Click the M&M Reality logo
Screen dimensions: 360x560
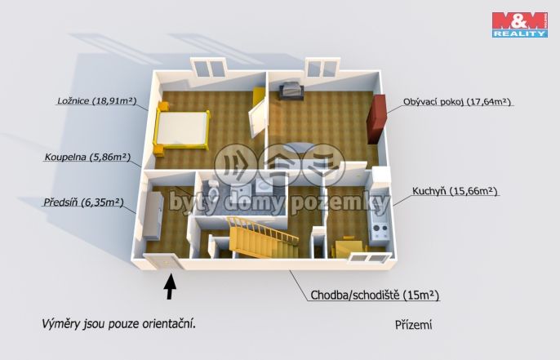519,24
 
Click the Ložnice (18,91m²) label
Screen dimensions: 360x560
96,102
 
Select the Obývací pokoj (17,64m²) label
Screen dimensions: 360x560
456,102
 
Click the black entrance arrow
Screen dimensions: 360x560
170,286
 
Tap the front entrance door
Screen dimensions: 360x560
162,261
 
